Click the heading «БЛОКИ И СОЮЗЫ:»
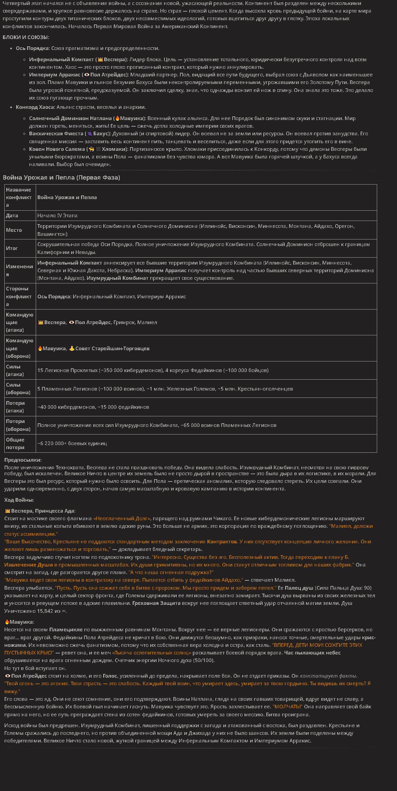(26, 37)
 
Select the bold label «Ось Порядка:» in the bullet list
(33, 48)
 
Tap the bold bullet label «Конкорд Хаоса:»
(35, 107)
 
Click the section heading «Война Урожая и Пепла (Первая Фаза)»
(61, 178)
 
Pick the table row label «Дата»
(12, 216)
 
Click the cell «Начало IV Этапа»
(57, 216)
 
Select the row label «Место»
(14, 230)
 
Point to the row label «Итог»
(12, 248)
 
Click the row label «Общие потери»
(15, 443)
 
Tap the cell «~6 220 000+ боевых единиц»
(72, 443)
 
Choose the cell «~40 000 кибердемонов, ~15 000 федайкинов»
(93, 407)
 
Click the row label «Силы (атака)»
(15, 370)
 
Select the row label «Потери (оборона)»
(18, 425)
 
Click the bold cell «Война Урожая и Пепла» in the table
(67, 197)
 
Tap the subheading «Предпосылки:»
(23, 460)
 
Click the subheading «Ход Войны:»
(19, 500)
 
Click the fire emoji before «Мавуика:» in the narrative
(7, 622)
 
